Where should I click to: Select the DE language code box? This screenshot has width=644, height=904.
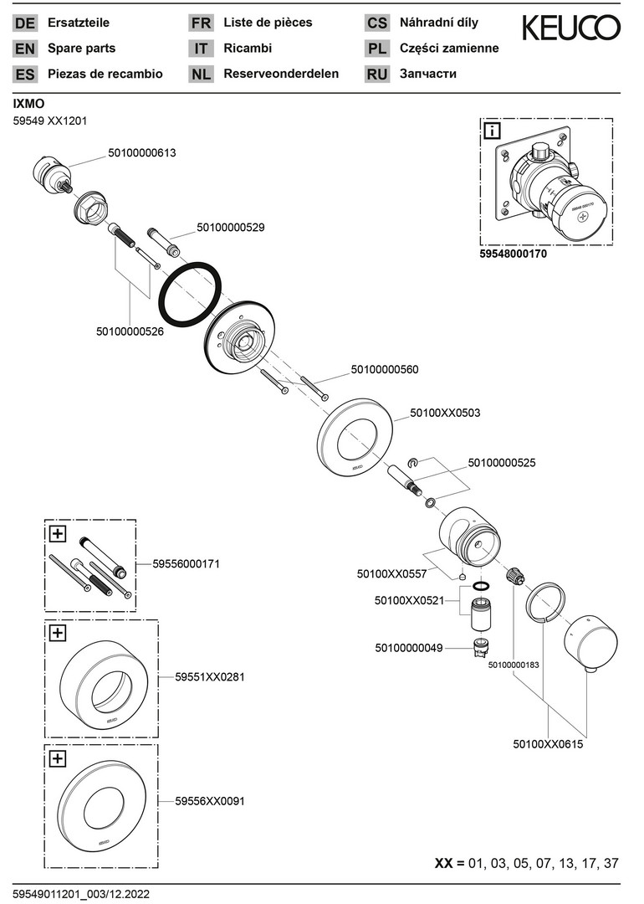(25, 23)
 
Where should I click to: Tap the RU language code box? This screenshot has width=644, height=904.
(376, 74)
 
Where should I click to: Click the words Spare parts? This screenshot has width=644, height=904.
(82, 49)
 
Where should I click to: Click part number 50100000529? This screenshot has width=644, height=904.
(231, 227)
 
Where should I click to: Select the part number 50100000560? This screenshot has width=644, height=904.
(385, 369)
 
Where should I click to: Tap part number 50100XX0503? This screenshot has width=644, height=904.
(445, 413)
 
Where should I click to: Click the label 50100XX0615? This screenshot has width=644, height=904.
(548, 743)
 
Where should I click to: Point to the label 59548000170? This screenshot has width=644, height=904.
(514, 254)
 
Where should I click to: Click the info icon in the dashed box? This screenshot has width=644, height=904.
(493, 131)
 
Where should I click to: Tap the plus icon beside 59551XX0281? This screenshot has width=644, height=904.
(58, 634)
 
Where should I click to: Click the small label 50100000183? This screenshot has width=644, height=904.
(514, 665)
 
